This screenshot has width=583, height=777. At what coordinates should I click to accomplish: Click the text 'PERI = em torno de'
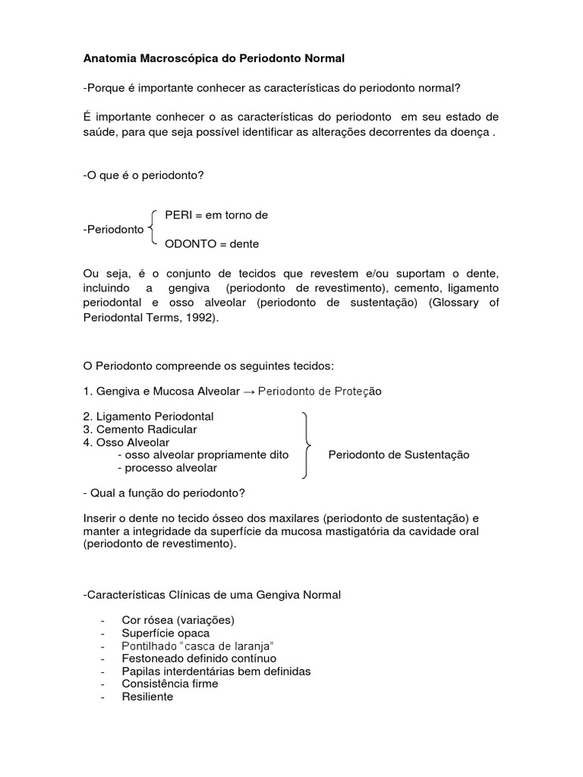[x=216, y=215]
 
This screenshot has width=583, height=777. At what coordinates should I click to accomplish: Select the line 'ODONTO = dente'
[x=212, y=244]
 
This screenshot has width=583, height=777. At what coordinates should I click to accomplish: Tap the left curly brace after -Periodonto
[x=153, y=229]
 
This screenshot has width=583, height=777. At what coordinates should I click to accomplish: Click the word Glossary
[x=455, y=304]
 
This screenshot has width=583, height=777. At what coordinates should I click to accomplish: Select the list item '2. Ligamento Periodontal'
[x=148, y=417]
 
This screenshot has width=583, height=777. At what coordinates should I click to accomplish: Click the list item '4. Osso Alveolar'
[x=126, y=442]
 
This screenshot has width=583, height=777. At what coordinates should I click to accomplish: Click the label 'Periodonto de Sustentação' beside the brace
[x=399, y=455]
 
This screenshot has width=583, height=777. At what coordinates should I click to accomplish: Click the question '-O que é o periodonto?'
[x=143, y=175]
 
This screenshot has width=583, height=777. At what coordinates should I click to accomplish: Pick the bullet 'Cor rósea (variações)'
[x=178, y=620]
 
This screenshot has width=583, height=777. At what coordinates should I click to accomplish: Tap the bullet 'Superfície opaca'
[x=165, y=633]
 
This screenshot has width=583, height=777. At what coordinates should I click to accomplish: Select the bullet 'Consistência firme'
[x=169, y=684]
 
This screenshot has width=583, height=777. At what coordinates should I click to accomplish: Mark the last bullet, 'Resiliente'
[x=147, y=697]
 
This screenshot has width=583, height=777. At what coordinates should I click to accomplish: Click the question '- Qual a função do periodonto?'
[x=163, y=493]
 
